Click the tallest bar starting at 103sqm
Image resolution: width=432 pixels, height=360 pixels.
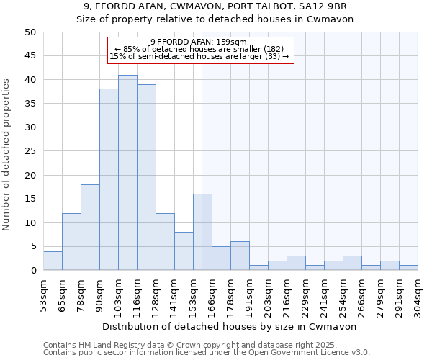coord(127,173)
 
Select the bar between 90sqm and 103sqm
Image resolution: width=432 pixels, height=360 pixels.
coord(109,180)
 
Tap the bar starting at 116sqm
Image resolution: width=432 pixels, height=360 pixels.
coord(146,177)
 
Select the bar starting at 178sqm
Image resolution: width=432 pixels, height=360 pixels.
coord(240,256)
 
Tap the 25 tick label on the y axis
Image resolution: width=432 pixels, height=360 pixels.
coord(30,151)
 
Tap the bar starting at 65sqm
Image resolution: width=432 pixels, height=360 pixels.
coord(71,242)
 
